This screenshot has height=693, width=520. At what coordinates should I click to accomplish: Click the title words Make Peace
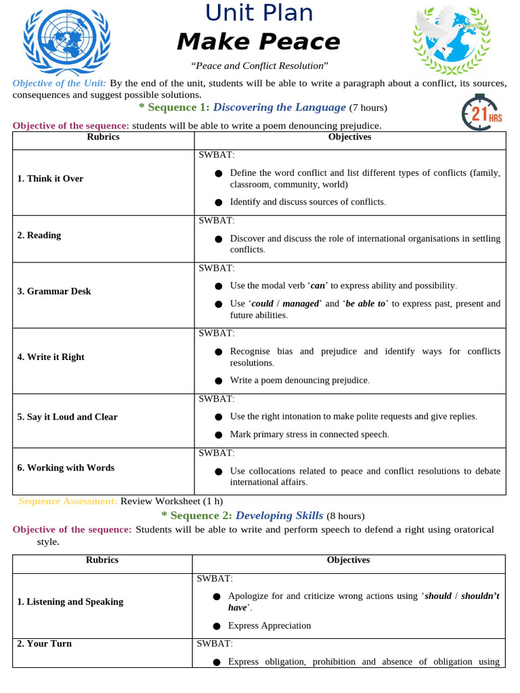pos(259,42)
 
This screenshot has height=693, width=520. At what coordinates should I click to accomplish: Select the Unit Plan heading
pos(259,13)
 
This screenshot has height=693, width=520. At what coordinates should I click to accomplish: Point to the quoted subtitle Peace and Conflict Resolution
pos(259,66)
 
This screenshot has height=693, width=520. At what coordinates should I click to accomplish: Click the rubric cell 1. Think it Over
pos(50,179)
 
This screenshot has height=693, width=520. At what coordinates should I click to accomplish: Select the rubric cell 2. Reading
pos(39,236)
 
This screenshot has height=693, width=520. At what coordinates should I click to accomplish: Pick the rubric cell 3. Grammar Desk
pos(54,292)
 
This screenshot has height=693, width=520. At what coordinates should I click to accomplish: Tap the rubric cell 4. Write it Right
pos(51,357)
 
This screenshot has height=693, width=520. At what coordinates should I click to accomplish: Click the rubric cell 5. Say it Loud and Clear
pos(68,417)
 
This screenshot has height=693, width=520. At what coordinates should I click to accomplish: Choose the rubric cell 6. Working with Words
pos(66,468)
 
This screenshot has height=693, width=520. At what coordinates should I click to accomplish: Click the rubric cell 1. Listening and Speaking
pos(70,602)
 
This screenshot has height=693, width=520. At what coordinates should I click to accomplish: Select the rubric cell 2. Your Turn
pos(45,644)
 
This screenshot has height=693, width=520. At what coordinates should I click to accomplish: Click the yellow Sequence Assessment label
pos(68,501)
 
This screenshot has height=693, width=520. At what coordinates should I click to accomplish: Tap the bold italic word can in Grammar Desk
pos(318,286)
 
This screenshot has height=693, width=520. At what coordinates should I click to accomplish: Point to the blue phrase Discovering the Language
pos(280,107)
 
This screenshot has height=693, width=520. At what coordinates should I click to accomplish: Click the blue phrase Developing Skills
pos(280,516)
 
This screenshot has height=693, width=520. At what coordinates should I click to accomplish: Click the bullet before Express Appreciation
pos(217,626)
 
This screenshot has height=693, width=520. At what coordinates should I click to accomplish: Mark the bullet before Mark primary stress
pos(218,434)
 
